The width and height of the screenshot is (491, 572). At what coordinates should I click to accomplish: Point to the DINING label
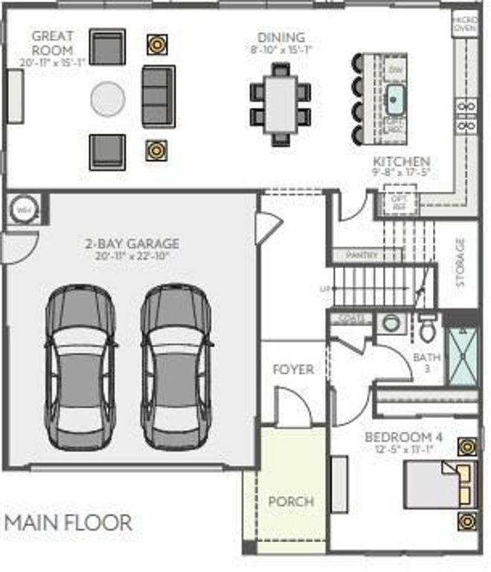[281, 37]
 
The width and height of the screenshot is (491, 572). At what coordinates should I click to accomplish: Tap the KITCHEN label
[401, 162]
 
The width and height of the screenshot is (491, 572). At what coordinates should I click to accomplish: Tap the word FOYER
[292, 369]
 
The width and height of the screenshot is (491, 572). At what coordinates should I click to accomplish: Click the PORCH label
[291, 501]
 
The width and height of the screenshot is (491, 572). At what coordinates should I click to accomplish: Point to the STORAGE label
[460, 262]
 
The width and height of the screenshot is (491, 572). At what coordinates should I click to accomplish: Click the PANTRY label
[362, 255]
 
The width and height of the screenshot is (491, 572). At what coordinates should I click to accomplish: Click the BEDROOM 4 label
[399, 437]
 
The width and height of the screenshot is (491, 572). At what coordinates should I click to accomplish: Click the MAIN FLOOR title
[68, 522]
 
